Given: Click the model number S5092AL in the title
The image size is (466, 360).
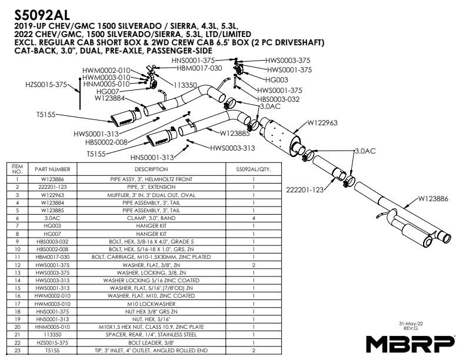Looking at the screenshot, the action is (x=42, y=15).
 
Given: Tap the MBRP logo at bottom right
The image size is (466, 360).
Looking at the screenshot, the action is (x=410, y=344).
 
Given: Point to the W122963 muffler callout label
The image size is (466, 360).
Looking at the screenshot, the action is (x=322, y=123).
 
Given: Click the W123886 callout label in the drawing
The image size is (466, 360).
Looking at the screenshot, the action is (x=433, y=199).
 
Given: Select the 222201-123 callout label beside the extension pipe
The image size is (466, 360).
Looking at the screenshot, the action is (x=305, y=190).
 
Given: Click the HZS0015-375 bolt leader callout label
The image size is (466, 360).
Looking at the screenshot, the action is (x=46, y=85).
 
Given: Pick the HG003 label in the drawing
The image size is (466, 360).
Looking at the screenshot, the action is (x=277, y=79).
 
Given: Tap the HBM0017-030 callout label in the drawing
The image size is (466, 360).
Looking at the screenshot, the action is (x=199, y=68).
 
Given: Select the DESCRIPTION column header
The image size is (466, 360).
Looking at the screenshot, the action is (x=151, y=169).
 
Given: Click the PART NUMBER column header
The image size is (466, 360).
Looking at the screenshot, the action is (x=52, y=169).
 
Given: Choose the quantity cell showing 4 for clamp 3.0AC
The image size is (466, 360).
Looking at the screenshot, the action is (x=254, y=218).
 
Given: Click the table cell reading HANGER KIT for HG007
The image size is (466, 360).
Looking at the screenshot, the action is (x=151, y=234).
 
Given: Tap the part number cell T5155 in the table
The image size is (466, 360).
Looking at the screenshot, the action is (x=52, y=351).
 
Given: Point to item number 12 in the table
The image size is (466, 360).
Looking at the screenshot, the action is (x=17, y=265).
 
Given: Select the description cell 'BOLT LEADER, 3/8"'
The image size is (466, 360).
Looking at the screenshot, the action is (x=151, y=343).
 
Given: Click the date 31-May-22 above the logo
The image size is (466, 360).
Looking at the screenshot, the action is (x=411, y=324).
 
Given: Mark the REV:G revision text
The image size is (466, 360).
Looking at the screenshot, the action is (x=411, y=328).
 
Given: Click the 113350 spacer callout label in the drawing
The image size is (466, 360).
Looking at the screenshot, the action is (x=185, y=85).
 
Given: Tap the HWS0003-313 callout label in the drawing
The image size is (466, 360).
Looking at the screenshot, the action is (x=232, y=148).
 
